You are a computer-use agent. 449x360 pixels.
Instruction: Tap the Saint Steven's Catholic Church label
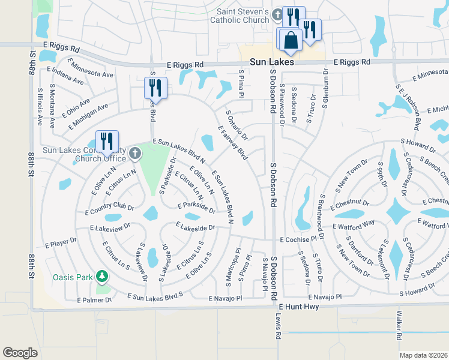[x=240, y=16]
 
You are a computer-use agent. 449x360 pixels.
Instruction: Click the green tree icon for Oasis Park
[x=103, y=276]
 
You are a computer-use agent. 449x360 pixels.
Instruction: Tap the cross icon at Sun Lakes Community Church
[x=135, y=154]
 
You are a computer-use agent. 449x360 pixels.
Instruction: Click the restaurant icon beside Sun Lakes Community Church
[x=107, y=141]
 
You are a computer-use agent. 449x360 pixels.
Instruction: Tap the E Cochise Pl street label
[x=298, y=239]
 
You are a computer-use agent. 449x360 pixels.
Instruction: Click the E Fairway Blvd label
[x=234, y=142]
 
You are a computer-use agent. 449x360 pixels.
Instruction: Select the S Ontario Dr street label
[x=237, y=124]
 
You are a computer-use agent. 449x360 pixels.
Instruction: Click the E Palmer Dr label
[x=95, y=299]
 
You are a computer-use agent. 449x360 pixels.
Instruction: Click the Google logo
[x=20, y=352]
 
